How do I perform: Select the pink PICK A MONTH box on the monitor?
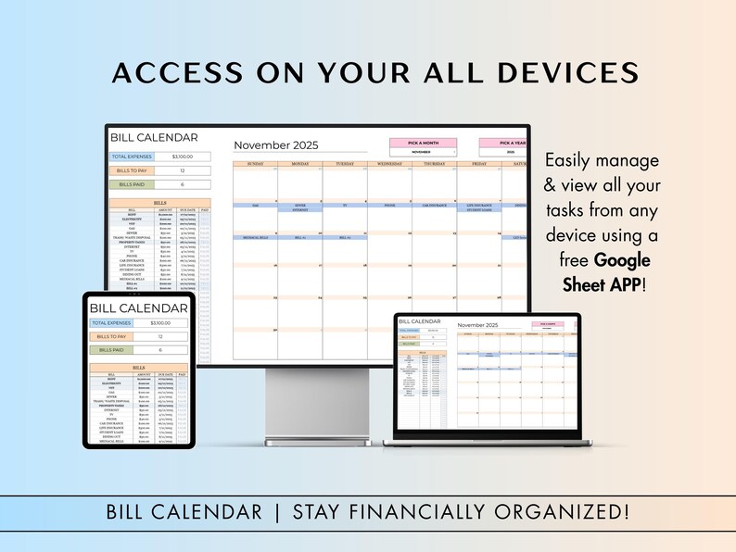[422, 143]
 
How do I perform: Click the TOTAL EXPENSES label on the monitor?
[133, 157]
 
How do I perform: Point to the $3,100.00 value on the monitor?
[183, 157]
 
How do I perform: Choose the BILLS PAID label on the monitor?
[133, 184]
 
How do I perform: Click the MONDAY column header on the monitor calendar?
[300, 164]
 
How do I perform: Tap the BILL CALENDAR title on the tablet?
[138, 307]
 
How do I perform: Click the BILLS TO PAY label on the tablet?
[112, 336]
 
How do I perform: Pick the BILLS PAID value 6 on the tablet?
[160, 350]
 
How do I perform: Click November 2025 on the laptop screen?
[477, 326]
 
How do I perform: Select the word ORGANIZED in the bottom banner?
[572, 511]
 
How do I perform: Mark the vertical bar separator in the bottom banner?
[276, 511]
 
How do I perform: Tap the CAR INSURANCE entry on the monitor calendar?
[434, 206]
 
